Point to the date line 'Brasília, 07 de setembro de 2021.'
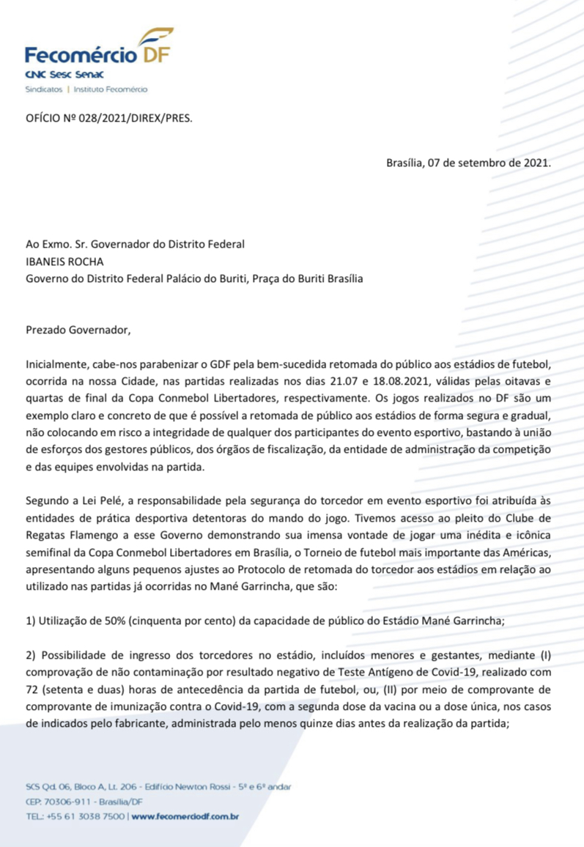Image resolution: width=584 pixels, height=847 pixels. [x=468, y=163]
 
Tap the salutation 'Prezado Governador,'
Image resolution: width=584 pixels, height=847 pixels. [x=78, y=329]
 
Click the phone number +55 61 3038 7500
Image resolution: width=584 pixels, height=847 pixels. [x=86, y=815]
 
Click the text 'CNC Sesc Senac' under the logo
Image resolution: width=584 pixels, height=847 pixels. [x=64, y=75]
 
